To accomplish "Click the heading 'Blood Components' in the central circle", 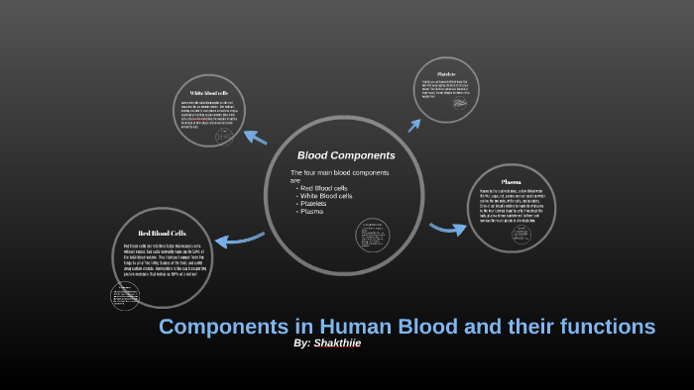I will coord(346,155).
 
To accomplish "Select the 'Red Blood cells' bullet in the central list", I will coord(324,188).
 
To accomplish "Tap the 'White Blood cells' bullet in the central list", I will coord(327,196).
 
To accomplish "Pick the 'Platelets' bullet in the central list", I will coord(316,204).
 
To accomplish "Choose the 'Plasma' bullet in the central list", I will coord(312,212).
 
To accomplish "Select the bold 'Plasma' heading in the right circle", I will coord(511,182).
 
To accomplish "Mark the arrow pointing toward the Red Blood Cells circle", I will coord(240,239).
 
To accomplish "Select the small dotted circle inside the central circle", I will coord(371,235).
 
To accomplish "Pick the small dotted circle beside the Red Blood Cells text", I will coord(125,295).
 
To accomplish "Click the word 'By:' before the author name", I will coord(302,342).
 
